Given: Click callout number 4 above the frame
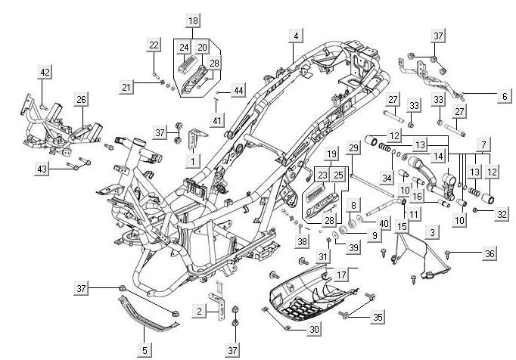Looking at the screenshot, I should [297, 36].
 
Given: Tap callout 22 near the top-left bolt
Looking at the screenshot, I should [154, 45].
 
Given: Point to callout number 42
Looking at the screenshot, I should [45, 73].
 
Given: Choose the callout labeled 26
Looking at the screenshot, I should [81, 99].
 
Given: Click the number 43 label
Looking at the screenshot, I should [42, 169].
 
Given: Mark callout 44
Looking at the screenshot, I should [238, 91].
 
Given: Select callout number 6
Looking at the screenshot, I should [504, 97].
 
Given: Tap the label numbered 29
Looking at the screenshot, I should [353, 147].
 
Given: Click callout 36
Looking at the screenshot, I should [490, 254].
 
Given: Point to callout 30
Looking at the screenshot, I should [315, 330].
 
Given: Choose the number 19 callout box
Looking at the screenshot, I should [331, 154].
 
